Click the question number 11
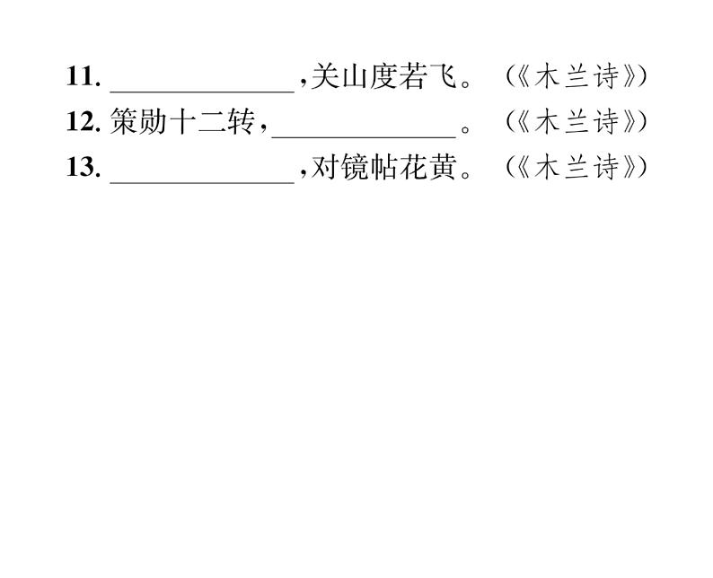pos(81,77)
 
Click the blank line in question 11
pos(202,87)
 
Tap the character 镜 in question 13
pos(354,169)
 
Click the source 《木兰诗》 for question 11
pos(576,77)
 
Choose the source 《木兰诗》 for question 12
pos(576,123)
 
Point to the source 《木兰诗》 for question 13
pos(576,169)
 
